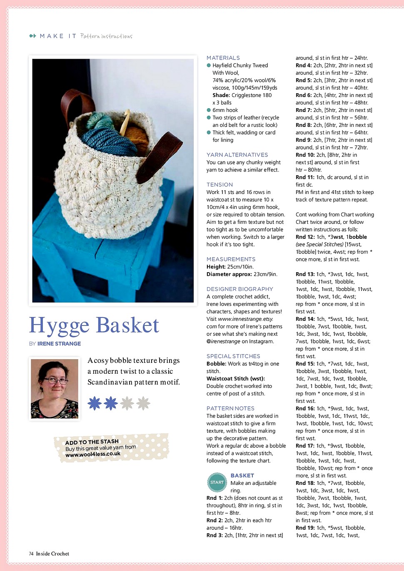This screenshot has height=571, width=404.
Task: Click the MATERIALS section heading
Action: (223, 58)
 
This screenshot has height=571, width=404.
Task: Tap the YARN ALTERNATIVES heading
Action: (237, 155)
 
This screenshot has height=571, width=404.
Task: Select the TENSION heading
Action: (219, 185)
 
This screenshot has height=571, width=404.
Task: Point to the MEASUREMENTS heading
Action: (231, 259)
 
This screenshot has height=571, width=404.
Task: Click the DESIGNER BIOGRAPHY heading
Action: (239, 289)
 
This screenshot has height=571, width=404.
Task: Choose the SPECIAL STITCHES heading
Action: (233, 356)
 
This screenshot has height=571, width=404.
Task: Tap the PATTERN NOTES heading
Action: (230, 409)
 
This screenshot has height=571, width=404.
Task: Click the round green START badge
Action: (217, 482)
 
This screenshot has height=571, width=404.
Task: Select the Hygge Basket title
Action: (94, 325)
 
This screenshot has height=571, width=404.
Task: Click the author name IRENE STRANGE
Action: (59, 344)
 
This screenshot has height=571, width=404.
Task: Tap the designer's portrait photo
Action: (55, 388)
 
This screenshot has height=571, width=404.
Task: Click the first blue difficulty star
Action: (95, 403)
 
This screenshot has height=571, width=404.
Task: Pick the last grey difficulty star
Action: (143, 403)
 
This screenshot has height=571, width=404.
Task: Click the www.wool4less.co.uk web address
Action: (92, 454)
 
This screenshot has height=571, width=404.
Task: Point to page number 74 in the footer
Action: (31, 554)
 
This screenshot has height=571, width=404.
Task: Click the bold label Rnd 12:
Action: (305, 237)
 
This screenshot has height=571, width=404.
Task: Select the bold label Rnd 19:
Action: (305, 528)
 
